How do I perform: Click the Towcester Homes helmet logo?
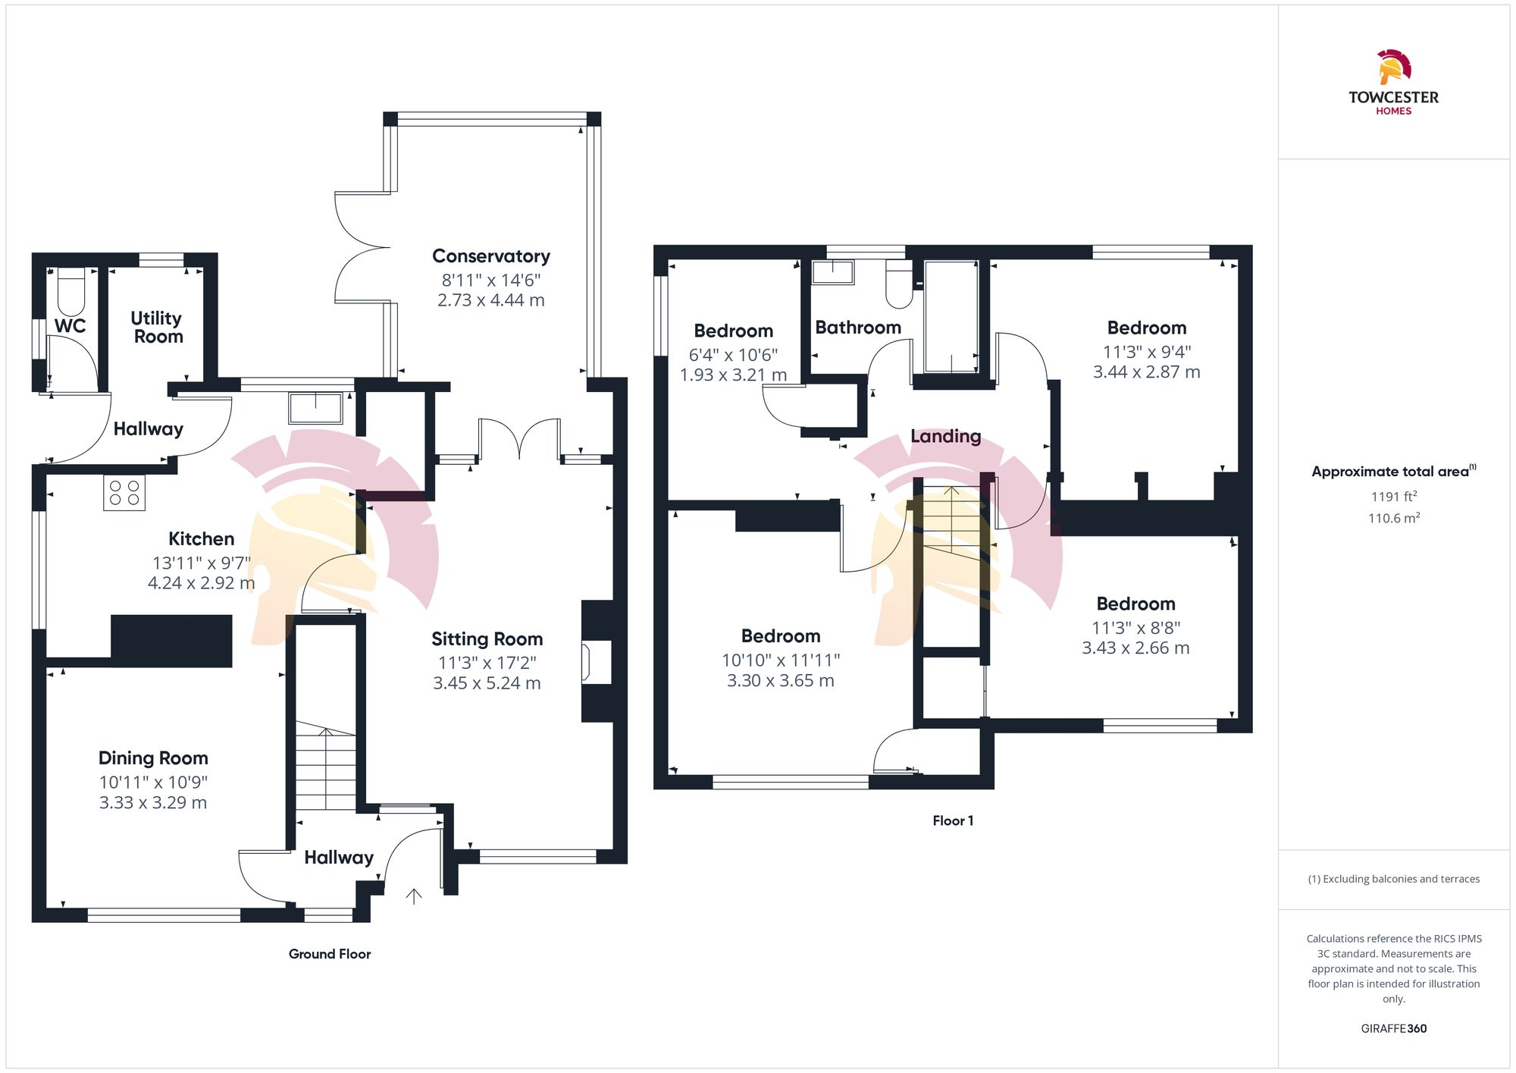1393,67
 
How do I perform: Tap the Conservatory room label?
490,256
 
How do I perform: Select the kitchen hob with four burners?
124,493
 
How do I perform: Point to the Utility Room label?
157,327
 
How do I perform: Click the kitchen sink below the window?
315,408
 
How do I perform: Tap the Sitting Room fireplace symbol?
585,661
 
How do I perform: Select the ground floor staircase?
325,766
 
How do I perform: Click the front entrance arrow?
413,896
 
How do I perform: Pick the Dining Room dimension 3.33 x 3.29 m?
152,802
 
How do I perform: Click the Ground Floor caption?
329,954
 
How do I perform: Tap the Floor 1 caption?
952,820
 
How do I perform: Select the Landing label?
945,436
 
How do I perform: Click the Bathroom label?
857,328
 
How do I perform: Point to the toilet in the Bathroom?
899,284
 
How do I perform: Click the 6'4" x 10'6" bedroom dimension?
732,355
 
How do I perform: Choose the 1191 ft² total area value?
1393,497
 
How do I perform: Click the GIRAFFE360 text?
1393,1028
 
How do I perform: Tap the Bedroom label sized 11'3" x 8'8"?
1135,604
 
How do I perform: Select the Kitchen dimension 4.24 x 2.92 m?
201,583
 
